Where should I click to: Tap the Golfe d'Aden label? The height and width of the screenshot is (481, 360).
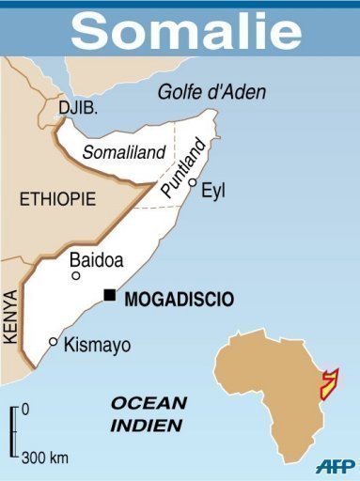pyautogui.click(x=211, y=92)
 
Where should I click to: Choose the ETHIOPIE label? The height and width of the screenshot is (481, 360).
pyautogui.click(x=57, y=199)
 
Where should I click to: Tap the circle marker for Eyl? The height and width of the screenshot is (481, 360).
pyautogui.click(x=193, y=183)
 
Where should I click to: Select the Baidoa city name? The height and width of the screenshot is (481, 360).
pyautogui.click(x=98, y=259)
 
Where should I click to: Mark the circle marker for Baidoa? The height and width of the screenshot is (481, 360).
pyautogui.click(x=76, y=275)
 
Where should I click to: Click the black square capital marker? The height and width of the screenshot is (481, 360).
pyautogui.click(x=110, y=296)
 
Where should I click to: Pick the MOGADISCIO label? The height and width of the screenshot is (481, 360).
pyautogui.click(x=180, y=300)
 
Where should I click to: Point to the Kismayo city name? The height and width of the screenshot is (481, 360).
pyautogui.click(x=97, y=345)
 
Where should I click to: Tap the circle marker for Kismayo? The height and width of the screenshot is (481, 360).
pyautogui.click(x=53, y=342)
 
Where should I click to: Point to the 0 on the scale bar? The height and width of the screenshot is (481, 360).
pyautogui.click(x=24, y=409)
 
